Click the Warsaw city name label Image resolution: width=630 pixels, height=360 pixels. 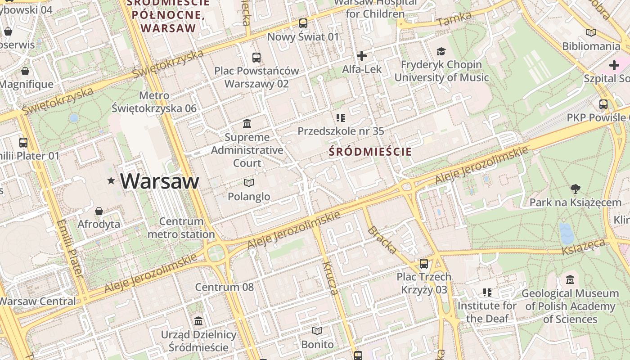coord(159,181)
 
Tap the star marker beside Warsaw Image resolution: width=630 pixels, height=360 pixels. coord(111,181)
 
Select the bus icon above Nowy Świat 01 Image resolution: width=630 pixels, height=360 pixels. coord(303,23)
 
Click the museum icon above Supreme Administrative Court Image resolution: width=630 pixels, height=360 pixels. coord(247,123)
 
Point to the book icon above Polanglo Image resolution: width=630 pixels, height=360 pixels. coord(249,183)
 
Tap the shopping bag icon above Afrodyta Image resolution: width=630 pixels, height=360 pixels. coord(99,211)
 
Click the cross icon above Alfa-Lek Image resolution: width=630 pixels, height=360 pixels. coord(362,56)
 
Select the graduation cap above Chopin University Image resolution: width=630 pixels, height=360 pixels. coord(441,51)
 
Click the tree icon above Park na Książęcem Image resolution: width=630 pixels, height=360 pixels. coord(575,189)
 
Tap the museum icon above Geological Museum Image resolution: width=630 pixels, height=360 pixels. coord(570,279)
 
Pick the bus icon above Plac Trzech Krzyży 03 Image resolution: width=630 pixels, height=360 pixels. coord(424,263)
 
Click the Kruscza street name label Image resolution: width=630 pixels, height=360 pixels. coord(330,278)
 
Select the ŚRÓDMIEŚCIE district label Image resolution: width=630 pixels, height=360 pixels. coord(370,152)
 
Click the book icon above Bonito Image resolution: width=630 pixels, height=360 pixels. coord(317,331)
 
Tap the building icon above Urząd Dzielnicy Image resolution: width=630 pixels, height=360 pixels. coord(198,321)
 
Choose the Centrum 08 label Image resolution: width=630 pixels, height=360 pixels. coord(224,287)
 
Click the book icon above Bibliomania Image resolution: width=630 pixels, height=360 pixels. coord(591,32)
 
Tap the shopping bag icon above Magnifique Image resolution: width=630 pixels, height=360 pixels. coord(25,71)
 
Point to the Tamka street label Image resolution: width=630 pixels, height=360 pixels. coord(454,19)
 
